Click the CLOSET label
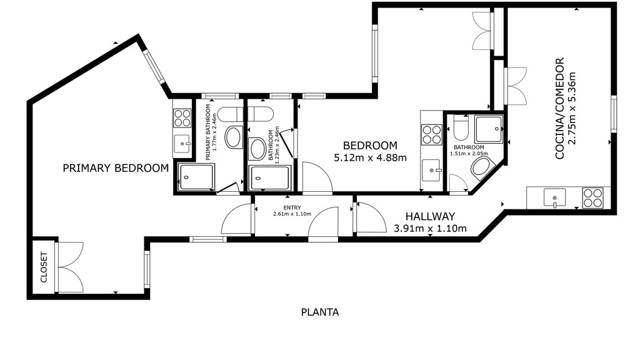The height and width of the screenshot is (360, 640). [44, 267]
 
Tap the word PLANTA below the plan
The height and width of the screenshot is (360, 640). [320, 312]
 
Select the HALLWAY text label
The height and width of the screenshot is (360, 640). [430, 216]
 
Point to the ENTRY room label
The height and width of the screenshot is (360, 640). [292, 207]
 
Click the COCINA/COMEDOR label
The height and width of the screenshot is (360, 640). [559, 108]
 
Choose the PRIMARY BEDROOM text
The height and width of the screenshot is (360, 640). [116, 168]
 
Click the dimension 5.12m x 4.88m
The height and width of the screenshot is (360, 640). [370, 157]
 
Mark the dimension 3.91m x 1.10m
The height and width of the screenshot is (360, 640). [430, 229]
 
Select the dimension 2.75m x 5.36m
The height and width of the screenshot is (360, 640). [572, 108]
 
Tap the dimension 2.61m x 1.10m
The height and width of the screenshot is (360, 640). [292, 214]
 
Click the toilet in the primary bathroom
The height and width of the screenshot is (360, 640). [230, 114]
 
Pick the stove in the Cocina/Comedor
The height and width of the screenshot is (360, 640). [592, 197]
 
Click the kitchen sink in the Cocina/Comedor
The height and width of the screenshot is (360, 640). [555, 197]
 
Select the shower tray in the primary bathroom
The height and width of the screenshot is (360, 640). [197, 177]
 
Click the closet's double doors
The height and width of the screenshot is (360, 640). [69, 267]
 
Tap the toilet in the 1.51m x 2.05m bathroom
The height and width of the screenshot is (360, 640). [461, 127]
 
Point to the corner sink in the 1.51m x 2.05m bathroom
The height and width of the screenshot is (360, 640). [482, 169]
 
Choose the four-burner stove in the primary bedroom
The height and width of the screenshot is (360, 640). [182, 118]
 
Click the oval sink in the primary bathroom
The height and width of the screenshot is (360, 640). [234, 137]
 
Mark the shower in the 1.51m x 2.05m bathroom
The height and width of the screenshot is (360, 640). [489, 129]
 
